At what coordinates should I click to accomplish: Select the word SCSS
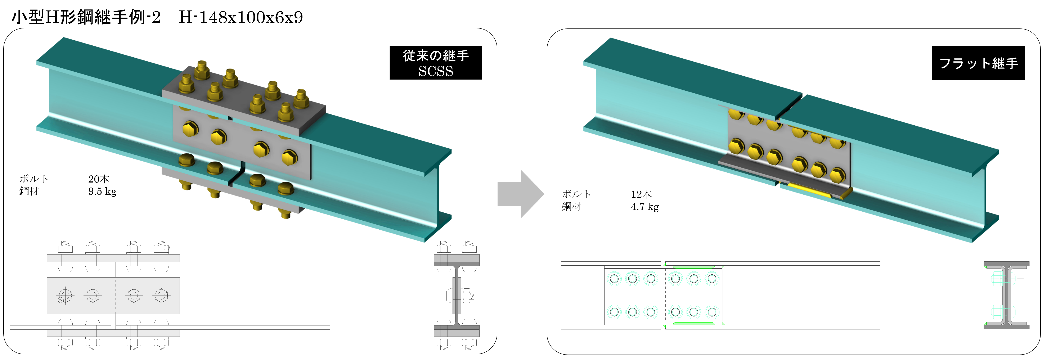pyautogui.click(x=436, y=71)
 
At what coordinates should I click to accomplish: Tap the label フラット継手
pyautogui.click(x=978, y=63)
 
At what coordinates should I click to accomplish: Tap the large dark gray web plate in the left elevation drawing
pyautogui.click(x=113, y=295)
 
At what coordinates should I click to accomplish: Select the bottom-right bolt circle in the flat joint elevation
pyautogui.click(x=712, y=312)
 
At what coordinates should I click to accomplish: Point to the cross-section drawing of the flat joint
pyautogui.click(x=1006, y=295)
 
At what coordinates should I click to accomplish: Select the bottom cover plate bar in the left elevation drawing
pyautogui.click(x=113, y=333)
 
